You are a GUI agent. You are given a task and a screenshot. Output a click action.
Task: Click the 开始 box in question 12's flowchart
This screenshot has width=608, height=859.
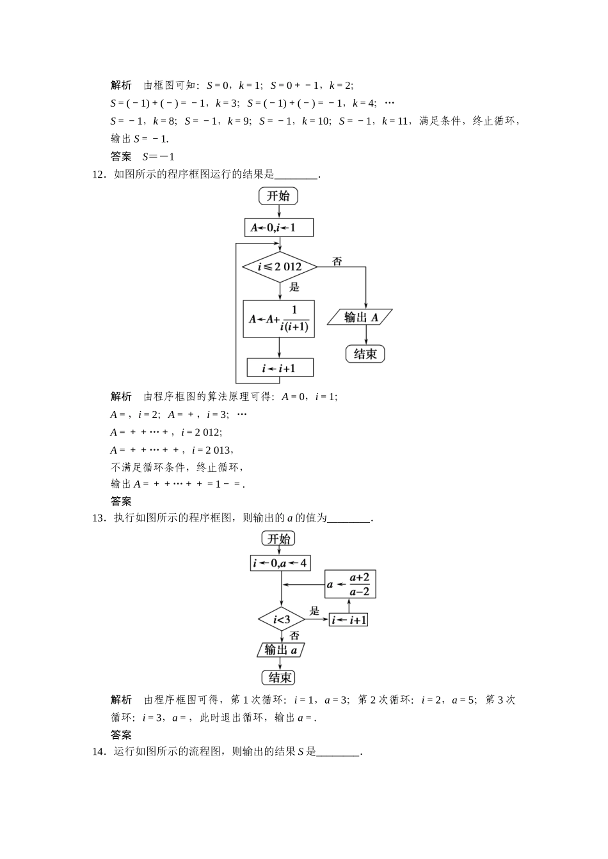(x=278, y=196)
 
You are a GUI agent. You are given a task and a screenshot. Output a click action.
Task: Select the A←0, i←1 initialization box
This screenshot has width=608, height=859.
(x=279, y=228)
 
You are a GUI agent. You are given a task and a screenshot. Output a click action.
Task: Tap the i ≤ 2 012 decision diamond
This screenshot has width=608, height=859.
(x=280, y=267)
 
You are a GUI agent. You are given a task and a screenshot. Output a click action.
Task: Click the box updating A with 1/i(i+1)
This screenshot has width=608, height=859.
(x=279, y=318)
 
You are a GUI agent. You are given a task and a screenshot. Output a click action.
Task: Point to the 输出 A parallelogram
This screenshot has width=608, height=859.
(x=360, y=317)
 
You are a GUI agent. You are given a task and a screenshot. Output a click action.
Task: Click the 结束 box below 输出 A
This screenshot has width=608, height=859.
(x=365, y=353)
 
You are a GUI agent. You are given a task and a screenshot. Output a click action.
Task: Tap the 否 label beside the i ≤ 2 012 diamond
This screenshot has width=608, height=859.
(x=337, y=261)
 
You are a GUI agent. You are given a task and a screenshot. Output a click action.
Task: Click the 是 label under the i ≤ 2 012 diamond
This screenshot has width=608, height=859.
(x=294, y=287)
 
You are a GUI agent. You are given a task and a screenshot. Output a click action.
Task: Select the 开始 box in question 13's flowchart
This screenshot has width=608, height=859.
(x=279, y=539)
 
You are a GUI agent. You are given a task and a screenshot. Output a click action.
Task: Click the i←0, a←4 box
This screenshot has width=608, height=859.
(x=280, y=563)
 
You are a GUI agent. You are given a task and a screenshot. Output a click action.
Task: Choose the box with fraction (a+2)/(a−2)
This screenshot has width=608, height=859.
(x=350, y=584)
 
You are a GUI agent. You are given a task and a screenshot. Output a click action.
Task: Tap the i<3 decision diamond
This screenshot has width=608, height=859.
(x=282, y=619)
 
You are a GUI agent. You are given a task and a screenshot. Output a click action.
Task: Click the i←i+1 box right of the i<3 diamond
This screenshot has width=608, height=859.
(x=349, y=620)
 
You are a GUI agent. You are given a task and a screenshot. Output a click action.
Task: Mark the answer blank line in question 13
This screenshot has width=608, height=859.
(x=349, y=518)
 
